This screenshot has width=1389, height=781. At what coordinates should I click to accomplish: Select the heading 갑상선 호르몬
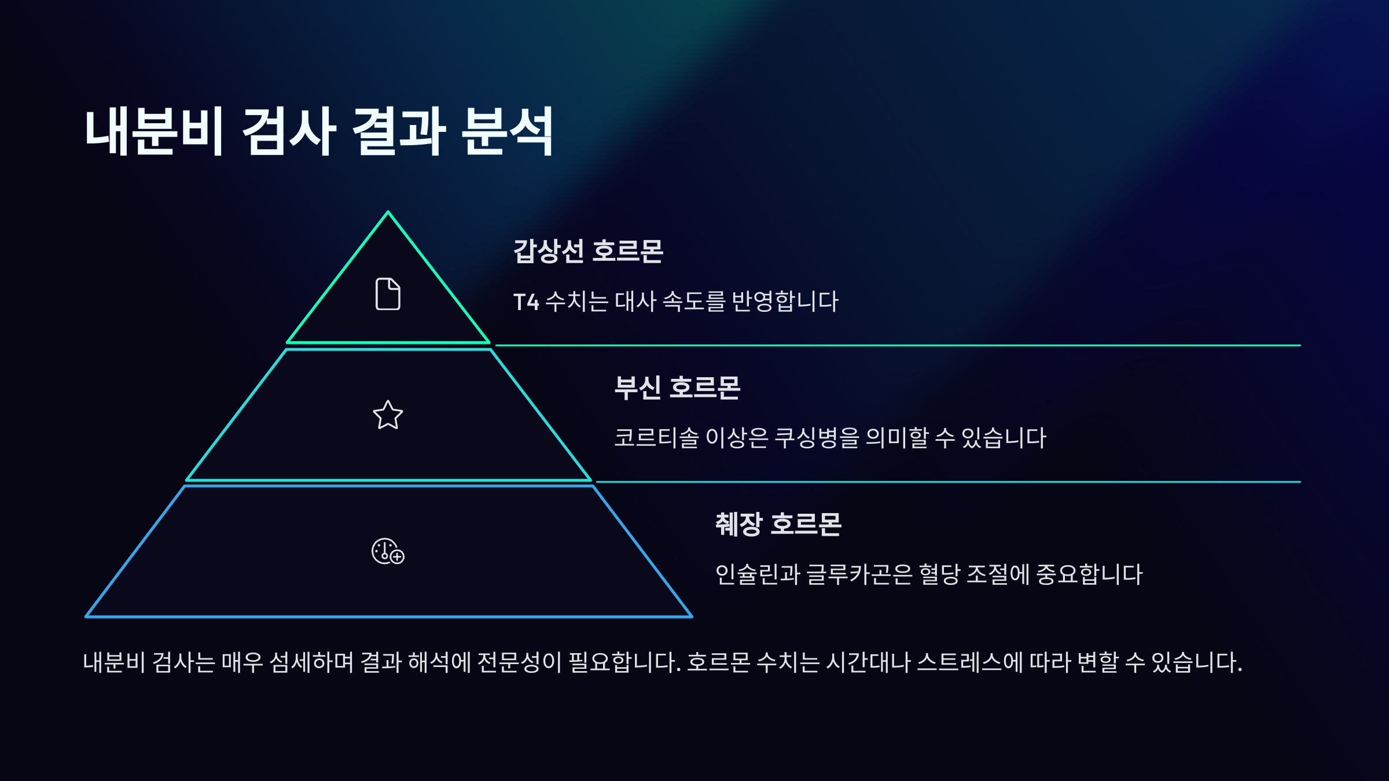click(x=588, y=252)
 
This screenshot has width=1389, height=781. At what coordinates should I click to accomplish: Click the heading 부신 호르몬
click(x=677, y=388)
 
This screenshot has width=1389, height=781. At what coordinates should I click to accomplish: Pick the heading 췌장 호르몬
click(x=778, y=525)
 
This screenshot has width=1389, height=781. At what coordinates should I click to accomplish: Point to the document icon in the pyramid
click(x=388, y=294)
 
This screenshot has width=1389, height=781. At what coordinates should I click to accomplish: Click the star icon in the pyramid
click(x=388, y=415)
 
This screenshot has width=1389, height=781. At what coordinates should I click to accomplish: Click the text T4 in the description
click(x=526, y=302)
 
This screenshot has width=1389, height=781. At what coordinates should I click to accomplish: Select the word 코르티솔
click(x=656, y=438)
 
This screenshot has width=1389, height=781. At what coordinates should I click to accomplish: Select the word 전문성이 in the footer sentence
click(x=519, y=662)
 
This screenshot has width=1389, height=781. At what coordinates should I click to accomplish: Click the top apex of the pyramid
click(x=388, y=213)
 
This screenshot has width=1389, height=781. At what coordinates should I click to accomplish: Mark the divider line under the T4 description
click(x=897, y=345)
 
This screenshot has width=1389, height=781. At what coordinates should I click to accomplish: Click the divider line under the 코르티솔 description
click(x=949, y=481)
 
